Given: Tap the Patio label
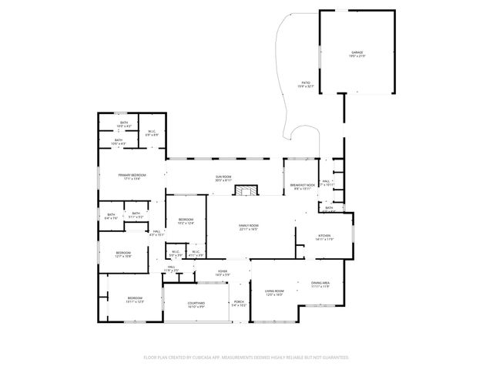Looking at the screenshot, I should coord(307,84).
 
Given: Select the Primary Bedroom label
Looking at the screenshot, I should coord(132,177).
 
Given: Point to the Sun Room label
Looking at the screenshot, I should coord(223,177).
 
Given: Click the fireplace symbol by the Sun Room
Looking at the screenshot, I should coord(247,190).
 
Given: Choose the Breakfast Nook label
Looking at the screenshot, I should coord(302,186).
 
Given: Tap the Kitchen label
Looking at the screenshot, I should coord(324,237).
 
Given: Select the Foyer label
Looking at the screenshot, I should coord(223,272).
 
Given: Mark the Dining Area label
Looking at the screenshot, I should coord(320,284).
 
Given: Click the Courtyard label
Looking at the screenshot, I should coord(196,304).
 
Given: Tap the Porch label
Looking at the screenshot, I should coord(239,303).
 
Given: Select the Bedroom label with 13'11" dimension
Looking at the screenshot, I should coord(135,299).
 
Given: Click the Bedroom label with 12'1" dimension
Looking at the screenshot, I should coord(123,254).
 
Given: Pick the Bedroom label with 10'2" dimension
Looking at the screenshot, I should coord(186,221).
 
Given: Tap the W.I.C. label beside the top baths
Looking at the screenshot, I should coord(153,133).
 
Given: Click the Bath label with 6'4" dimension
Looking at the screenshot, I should coord(111,216).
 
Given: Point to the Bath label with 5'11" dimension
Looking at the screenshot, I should coord(136,215).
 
